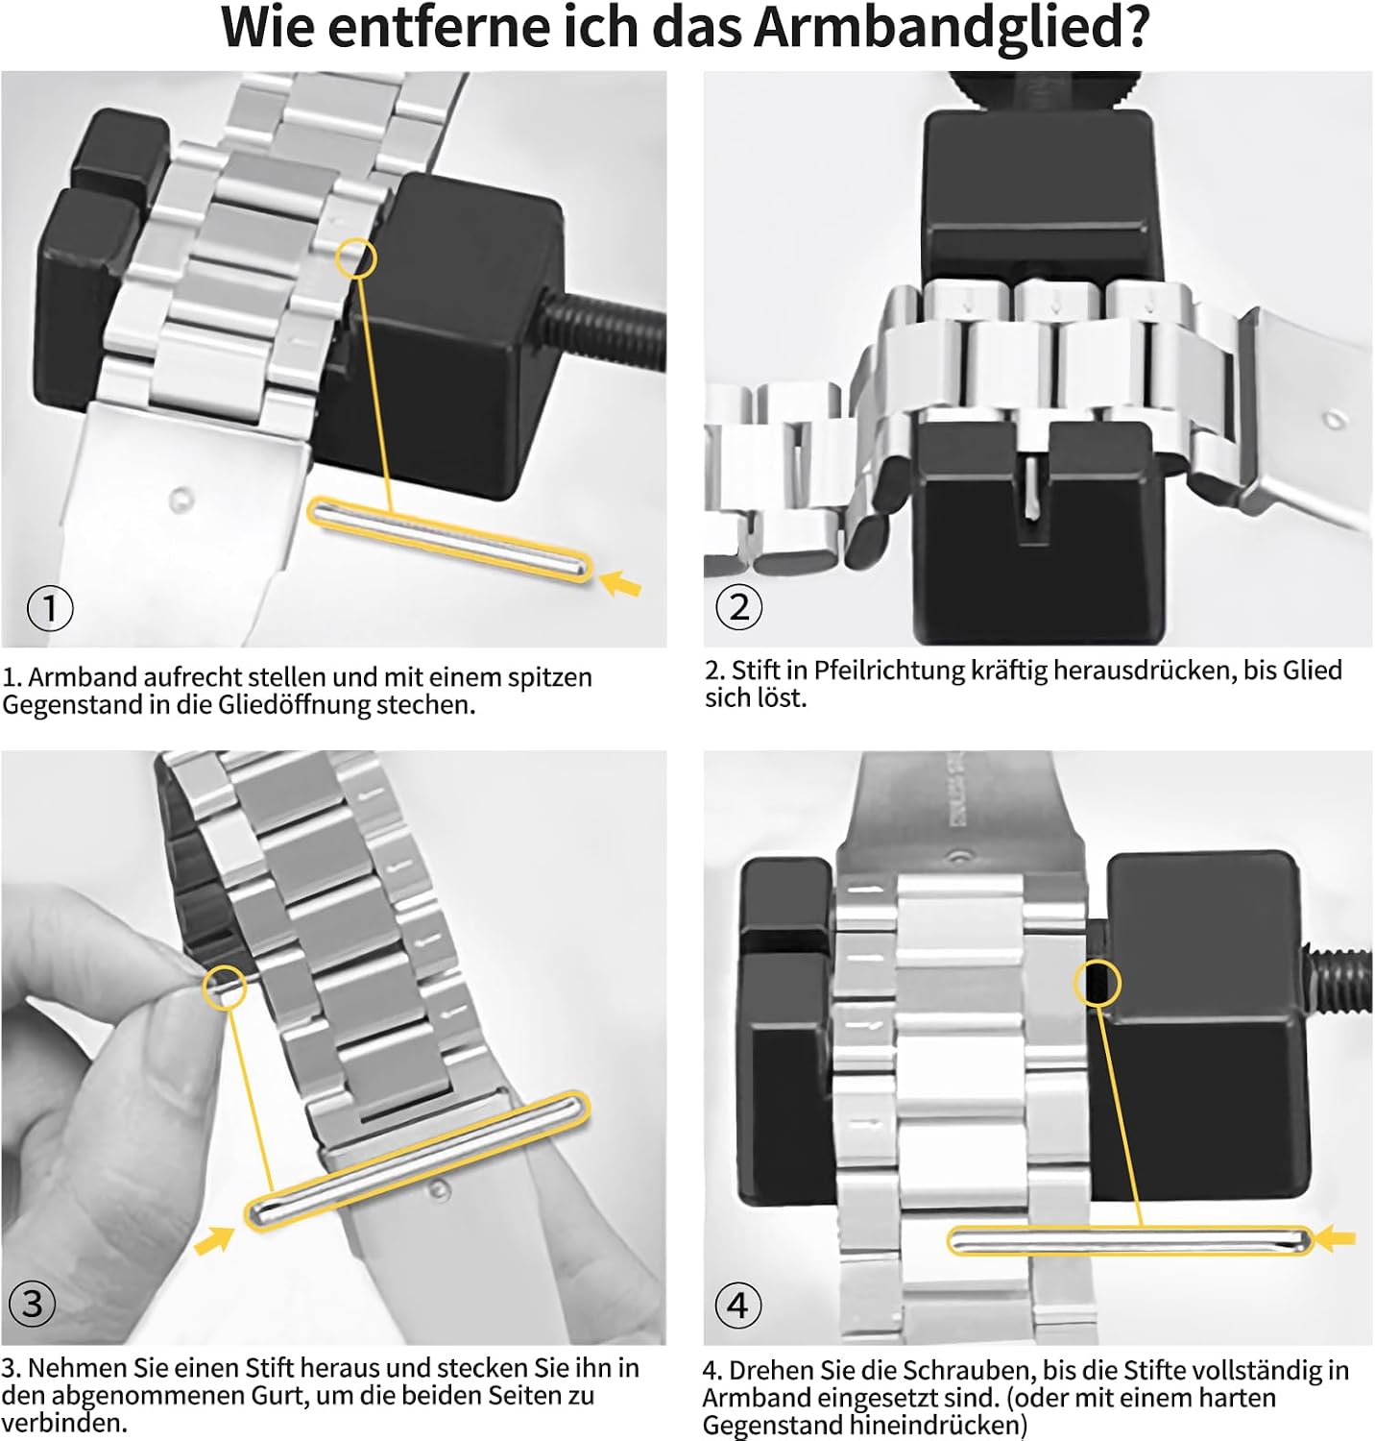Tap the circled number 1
pyautogui.click(x=50, y=608)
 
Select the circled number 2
pyautogui.click(x=739, y=607)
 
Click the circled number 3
pyautogui.click(x=33, y=1304)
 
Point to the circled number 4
pyautogui.click(x=737, y=1305)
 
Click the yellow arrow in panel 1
pyautogui.click(x=620, y=582)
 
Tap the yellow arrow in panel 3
pyautogui.click(x=214, y=1239)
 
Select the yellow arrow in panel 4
pyautogui.click(x=1336, y=1239)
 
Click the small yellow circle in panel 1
pyautogui.click(x=356, y=257)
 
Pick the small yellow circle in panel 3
pyautogui.click(x=225, y=987)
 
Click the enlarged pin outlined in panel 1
pyautogui.click(x=449, y=540)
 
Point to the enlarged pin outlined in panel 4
pyautogui.click(x=1129, y=1240)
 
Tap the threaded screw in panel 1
pyautogui.click(x=605, y=331)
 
